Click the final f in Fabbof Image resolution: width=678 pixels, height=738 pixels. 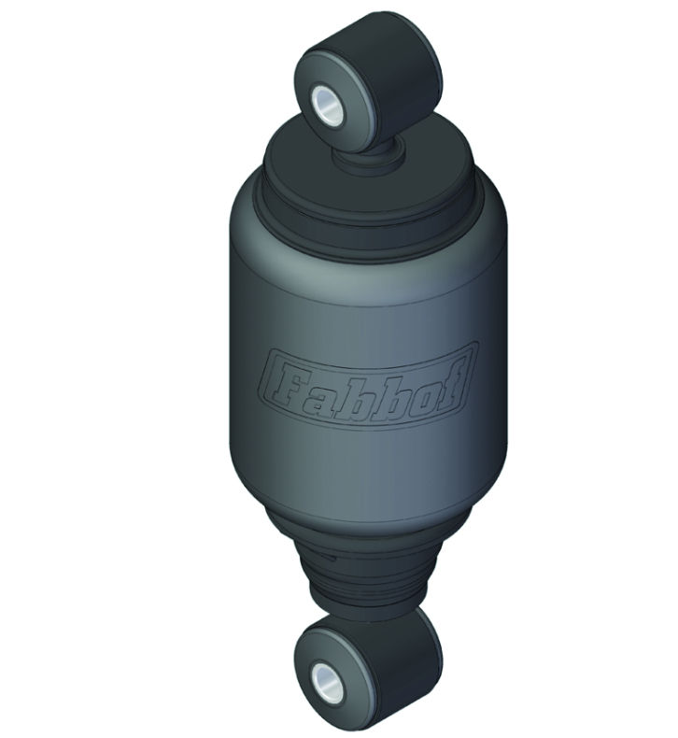click(x=446, y=380)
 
